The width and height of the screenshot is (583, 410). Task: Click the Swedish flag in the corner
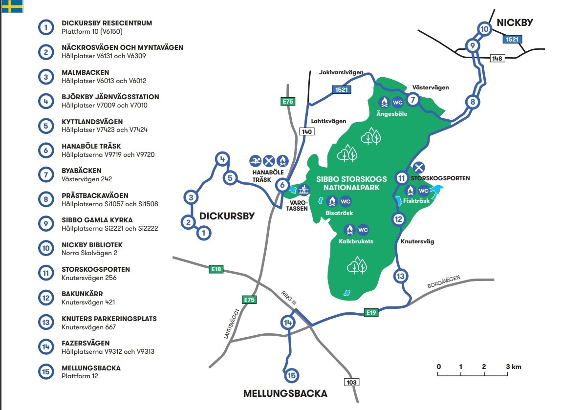12,6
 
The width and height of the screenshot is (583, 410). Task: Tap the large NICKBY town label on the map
515,22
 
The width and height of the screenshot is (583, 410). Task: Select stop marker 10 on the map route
484,29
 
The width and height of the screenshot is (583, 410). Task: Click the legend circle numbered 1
46,27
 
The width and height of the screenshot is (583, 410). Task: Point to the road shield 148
497,58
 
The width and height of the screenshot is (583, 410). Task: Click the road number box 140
307,131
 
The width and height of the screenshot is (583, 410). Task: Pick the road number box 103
351,382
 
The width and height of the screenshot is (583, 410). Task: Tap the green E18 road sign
216,269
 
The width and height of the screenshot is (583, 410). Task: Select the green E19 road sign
371,312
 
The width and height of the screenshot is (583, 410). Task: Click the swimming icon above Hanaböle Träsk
256,161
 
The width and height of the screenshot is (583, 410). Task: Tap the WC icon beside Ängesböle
397,102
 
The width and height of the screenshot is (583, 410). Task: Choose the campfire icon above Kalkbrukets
349,230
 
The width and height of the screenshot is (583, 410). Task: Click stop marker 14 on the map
288,322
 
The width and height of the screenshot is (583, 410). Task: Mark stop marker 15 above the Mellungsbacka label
291,375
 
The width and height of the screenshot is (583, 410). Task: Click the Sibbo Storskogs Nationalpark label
351,183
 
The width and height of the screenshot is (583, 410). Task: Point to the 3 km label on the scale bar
514,367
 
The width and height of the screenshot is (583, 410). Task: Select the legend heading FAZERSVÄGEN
86,343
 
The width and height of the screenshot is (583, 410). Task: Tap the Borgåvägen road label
444,282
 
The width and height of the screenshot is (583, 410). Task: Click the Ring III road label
289,298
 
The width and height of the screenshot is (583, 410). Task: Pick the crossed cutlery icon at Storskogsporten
419,167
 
